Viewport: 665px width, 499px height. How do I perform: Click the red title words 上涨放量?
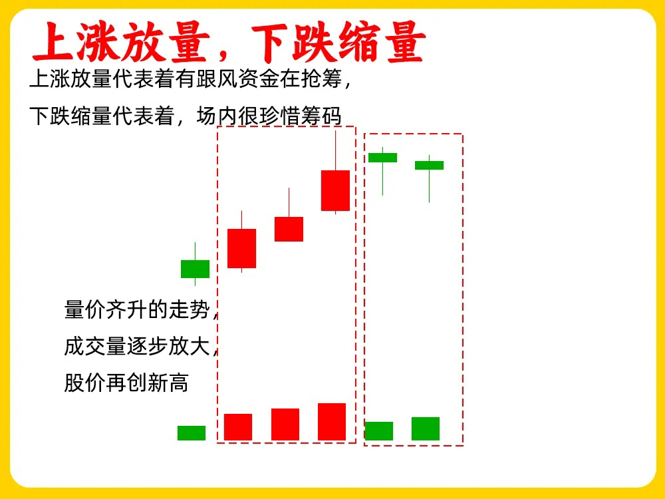point(121,42)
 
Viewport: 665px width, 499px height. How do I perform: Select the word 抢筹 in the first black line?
point(321,79)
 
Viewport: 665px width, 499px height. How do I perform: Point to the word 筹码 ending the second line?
point(321,116)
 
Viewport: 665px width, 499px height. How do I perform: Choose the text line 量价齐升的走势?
point(137,309)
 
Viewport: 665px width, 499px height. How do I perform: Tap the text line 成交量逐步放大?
point(137,346)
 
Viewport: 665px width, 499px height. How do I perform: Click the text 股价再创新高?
point(126,383)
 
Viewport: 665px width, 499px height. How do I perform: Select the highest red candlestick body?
point(335,190)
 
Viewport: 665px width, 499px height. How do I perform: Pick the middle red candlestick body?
point(289,229)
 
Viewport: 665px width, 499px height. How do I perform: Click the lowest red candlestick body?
point(242,248)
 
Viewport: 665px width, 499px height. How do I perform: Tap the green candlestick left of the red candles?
point(195,269)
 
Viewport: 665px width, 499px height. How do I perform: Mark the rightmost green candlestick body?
point(429,165)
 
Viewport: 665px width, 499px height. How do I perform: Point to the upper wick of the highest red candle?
point(335,150)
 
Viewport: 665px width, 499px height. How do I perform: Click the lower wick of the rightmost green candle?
point(429,186)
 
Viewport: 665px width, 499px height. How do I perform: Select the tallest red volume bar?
point(332,422)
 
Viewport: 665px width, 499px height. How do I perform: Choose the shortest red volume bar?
point(238,427)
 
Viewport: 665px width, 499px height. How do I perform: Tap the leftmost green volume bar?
point(192,433)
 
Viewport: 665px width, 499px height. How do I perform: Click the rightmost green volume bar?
point(426,428)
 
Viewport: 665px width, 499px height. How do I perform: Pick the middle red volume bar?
point(285,424)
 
